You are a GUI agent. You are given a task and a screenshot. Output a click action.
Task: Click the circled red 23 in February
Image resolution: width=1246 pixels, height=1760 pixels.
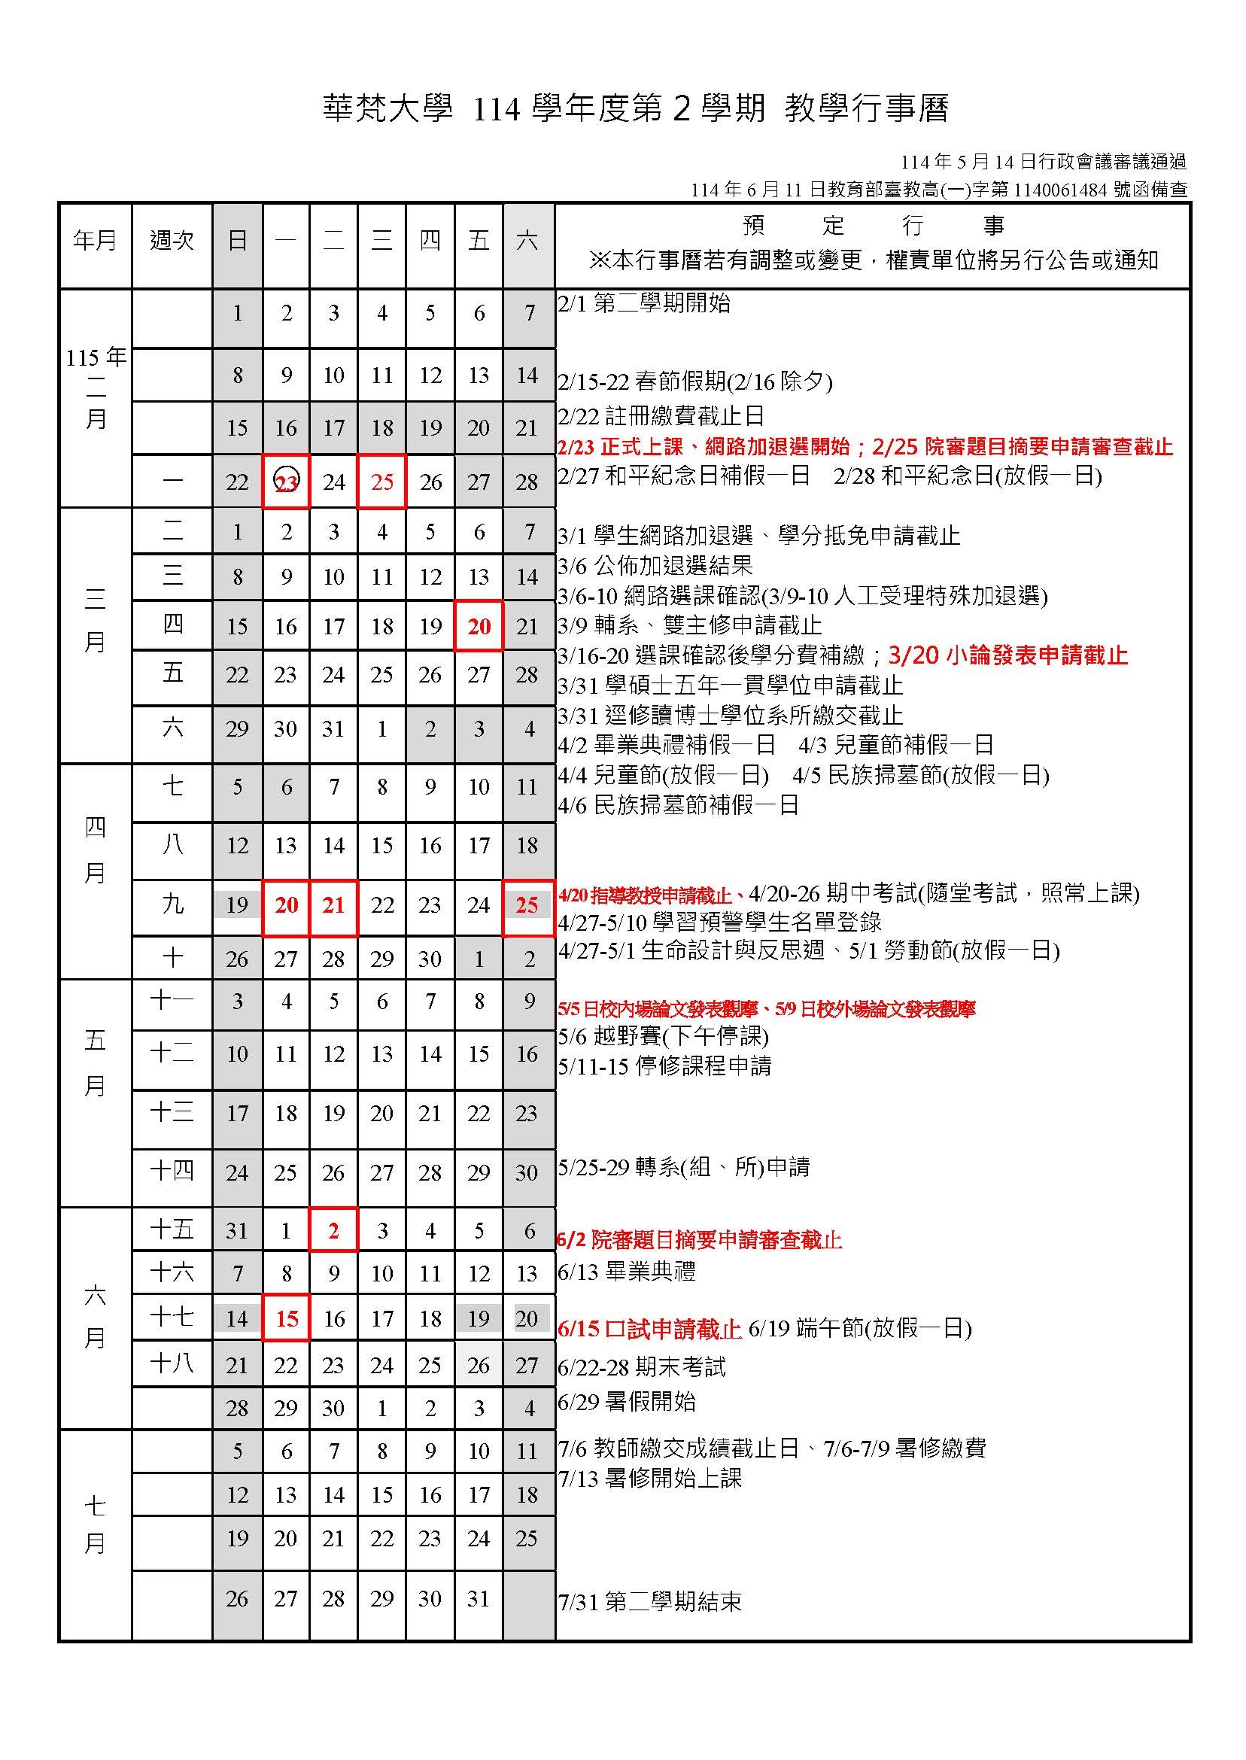click(x=286, y=482)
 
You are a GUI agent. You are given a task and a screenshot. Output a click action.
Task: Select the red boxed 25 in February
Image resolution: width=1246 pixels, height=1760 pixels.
click(x=382, y=482)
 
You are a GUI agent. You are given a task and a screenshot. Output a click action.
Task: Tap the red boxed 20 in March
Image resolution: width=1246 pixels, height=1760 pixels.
click(x=479, y=626)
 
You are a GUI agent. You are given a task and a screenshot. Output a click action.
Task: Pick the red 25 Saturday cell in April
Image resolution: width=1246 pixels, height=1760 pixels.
click(x=527, y=905)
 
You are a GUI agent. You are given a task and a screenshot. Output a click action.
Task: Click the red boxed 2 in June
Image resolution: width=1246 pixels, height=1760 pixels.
click(x=334, y=1231)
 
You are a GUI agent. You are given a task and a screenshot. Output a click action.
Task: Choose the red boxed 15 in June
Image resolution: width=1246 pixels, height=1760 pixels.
click(x=286, y=1318)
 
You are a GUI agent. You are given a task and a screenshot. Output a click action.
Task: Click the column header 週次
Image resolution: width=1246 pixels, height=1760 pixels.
click(x=172, y=241)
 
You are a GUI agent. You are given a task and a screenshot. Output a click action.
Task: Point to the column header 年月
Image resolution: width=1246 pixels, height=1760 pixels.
click(x=95, y=241)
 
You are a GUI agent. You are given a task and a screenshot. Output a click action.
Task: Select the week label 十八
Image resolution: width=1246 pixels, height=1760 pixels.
click(x=172, y=1363)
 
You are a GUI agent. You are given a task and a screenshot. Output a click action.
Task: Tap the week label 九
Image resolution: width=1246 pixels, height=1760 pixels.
click(x=172, y=905)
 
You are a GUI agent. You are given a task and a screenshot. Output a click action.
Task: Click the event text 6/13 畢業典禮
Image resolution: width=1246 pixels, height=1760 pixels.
click(x=627, y=1272)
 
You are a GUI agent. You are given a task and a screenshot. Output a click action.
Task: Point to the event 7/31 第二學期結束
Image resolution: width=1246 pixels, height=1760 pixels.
click(x=650, y=1603)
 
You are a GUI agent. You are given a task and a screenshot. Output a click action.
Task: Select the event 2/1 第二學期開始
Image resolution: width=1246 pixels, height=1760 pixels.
click(x=644, y=303)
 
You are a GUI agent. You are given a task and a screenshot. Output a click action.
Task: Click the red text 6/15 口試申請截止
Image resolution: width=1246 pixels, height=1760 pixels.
click(x=649, y=1328)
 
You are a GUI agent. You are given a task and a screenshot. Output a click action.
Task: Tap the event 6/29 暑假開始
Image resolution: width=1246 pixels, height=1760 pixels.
click(x=627, y=1402)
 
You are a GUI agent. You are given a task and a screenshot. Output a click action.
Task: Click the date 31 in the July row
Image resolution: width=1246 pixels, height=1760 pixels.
click(x=479, y=1599)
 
